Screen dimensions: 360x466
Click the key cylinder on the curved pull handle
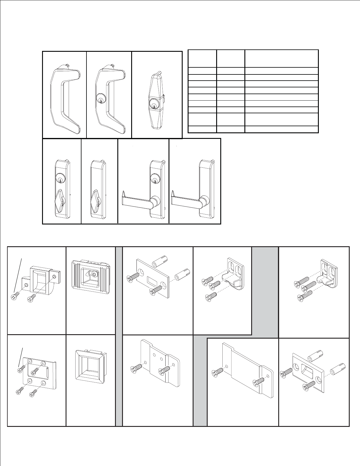click(100, 100)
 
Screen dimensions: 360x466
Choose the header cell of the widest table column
click(281, 59)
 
